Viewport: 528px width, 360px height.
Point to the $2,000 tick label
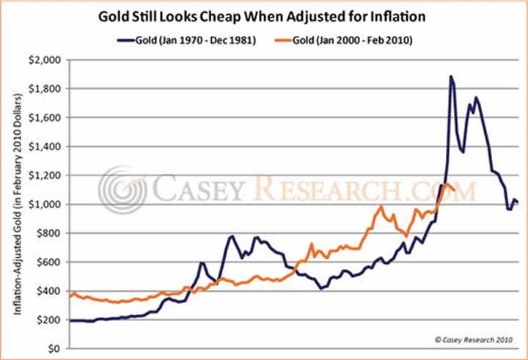point(47,60)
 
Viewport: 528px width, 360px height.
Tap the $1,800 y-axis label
point(47,89)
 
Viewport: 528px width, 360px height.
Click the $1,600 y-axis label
point(47,117)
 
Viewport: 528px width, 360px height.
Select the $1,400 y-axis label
point(47,147)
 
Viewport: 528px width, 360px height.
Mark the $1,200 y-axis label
point(47,175)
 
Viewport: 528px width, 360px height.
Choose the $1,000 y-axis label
point(47,204)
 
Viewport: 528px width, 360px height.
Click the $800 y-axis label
point(51,233)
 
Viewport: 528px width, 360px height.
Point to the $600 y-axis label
point(51,262)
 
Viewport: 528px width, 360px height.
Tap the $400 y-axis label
point(51,291)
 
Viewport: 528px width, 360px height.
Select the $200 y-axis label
point(51,320)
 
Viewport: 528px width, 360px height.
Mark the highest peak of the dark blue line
point(451,76)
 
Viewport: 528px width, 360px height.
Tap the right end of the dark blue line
point(518,202)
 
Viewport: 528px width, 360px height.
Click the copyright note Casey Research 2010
point(474,339)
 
